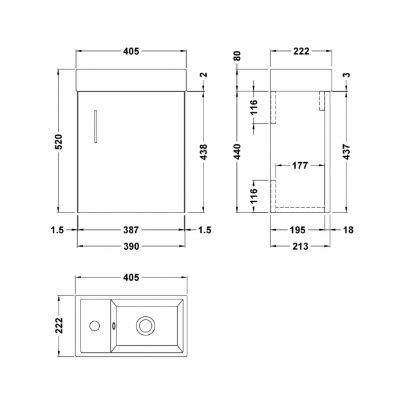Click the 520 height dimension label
59,142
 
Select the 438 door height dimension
204,152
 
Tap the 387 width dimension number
131,230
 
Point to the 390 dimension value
131,247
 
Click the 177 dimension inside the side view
300,165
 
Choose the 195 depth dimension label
298,230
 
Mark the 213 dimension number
301,247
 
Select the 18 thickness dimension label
348,230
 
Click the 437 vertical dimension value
348,152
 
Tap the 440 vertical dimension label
238,152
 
